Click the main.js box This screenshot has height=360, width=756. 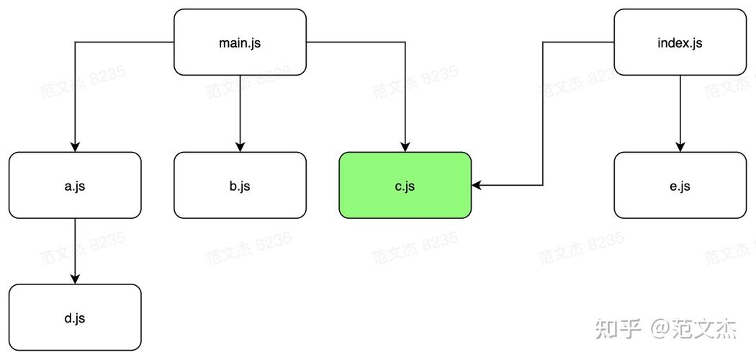(x=240, y=42)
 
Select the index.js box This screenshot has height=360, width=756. (x=680, y=42)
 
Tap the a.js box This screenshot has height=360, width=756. (x=75, y=186)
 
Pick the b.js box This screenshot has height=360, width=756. (x=240, y=186)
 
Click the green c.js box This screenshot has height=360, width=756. (x=405, y=186)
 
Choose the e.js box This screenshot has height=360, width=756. (x=680, y=186)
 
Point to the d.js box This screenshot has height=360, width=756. (x=75, y=318)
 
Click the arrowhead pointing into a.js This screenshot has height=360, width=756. (x=75, y=147)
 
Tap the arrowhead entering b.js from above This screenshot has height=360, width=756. (x=240, y=147)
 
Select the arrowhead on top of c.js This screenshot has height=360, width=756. (x=405, y=147)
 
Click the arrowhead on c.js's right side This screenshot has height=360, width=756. (x=477, y=186)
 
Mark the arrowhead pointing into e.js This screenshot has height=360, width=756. (x=680, y=147)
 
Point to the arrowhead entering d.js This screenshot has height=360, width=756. (x=75, y=279)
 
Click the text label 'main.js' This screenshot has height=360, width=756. (x=240, y=43)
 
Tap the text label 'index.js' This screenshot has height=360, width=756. (x=680, y=43)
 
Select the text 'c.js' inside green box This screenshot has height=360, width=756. (x=405, y=186)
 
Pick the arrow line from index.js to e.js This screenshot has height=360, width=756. (x=680, y=114)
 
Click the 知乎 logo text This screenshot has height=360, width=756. (x=618, y=328)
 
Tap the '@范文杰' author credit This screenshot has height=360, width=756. (x=694, y=328)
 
